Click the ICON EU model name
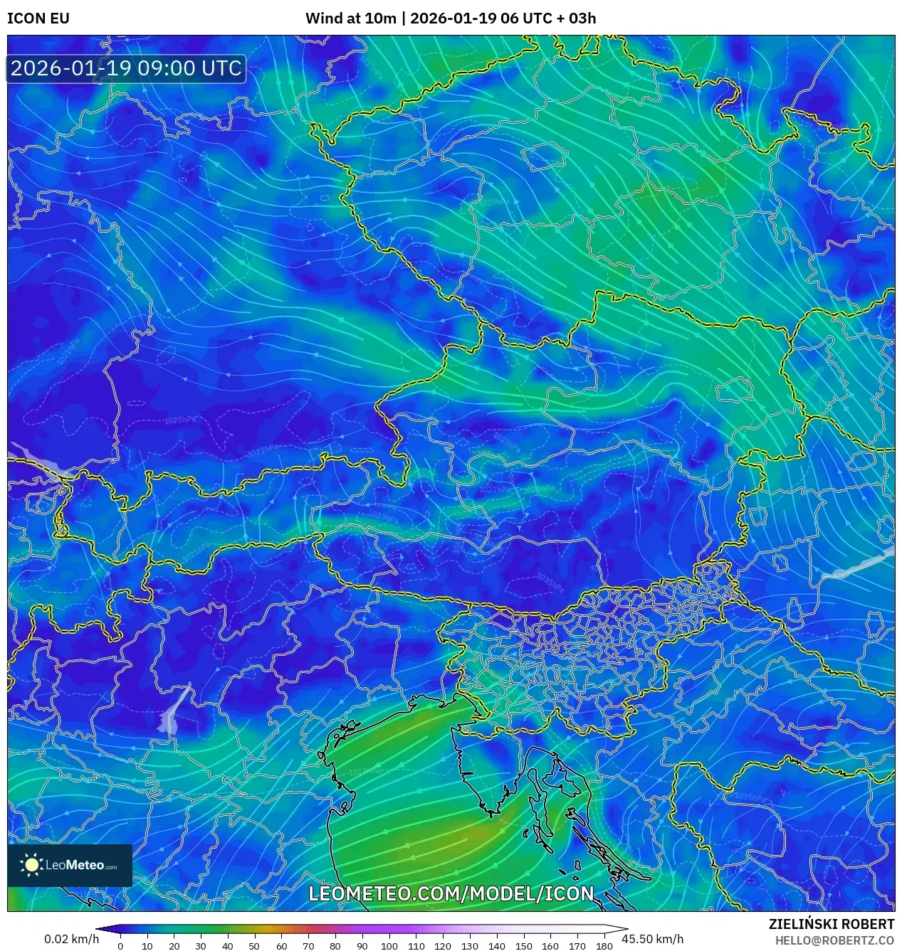pos(38,18)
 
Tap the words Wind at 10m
pos(350,18)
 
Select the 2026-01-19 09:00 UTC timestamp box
pos(126,68)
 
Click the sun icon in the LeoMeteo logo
pos(31,865)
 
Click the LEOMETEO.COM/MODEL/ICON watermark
pos(451,893)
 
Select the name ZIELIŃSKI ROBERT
pos(831,924)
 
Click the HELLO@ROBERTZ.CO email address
pos(834,940)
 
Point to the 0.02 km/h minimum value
pos(71,939)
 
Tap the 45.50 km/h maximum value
pos(652,939)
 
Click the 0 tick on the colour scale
pos(120,946)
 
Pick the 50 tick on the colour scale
pos(254,946)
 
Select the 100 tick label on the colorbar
pos(389,946)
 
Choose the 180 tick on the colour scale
pos(604,946)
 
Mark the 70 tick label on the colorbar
pos(308,946)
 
